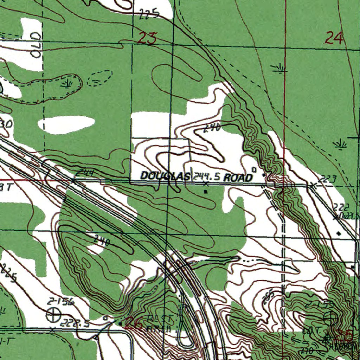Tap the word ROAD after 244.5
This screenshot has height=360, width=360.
coord(238,178)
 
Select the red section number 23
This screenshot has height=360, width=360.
coord(147,38)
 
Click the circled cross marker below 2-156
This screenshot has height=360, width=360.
coord(53,314)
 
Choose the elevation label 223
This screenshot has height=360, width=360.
coord(329,179)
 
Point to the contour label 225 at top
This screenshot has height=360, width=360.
coord(149,14)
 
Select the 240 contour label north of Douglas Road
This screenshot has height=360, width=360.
coord(212,129)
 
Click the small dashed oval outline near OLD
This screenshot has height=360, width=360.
coord(99,78)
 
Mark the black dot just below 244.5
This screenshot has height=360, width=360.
coord(206,192)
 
